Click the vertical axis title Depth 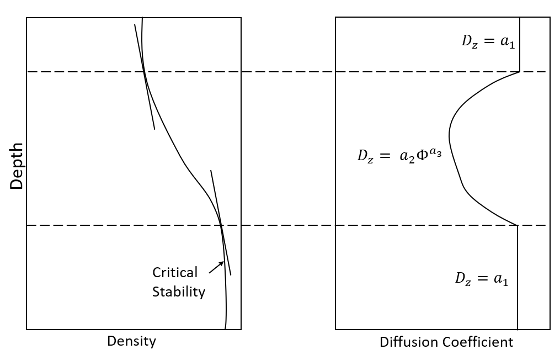tap(17, 166)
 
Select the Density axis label tap(131, 341)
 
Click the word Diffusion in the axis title tap(404, 342)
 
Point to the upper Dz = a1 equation tap(488, 42)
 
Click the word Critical tap(175, 273)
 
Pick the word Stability tap(178, 292)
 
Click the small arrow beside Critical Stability tap(216, 267)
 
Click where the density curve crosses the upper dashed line tap(145, 72)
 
